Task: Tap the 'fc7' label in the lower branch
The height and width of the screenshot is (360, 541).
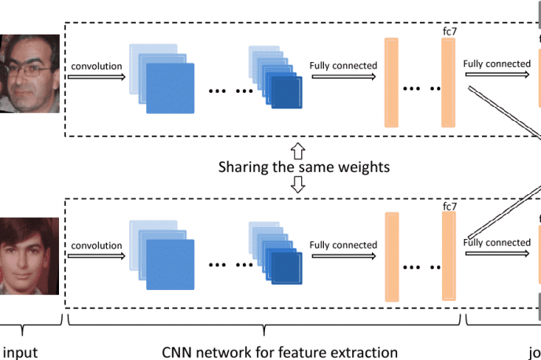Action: [450, 207]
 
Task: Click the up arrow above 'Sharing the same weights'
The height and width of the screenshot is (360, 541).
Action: [297, 149]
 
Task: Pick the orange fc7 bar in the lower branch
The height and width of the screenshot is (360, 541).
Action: [449, 257]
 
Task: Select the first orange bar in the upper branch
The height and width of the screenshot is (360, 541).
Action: [390, 81]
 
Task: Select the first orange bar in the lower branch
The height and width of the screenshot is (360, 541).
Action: [390, 257]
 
